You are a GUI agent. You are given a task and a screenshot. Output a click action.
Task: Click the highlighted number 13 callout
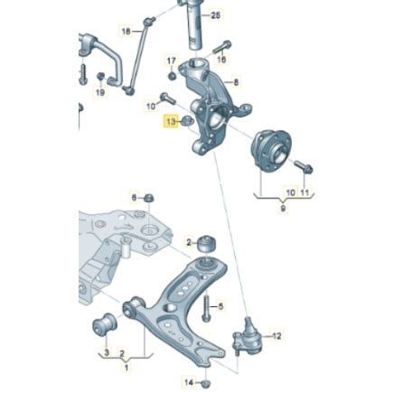tap(171, 122)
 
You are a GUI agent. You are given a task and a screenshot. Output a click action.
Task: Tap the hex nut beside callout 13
tap(187, 121)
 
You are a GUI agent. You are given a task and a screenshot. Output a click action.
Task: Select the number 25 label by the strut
tap(216, 15)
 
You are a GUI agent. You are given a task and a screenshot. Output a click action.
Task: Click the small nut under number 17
tap(173, 75)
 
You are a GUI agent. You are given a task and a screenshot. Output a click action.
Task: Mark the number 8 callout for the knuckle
tap(236, 82)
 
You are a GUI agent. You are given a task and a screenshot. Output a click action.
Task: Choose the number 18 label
tap(126, 31)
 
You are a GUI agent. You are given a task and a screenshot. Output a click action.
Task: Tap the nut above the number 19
tap(101, 77)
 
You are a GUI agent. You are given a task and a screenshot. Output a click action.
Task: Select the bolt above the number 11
tap(304, 167)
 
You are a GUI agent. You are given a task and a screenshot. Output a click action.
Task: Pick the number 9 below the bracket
tap(283, 209)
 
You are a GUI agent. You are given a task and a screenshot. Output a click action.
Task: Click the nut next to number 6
tap(149, 198)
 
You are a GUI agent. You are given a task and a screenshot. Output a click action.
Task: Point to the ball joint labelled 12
tap(248, 336)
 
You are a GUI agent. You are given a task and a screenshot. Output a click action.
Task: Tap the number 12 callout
tap(276, 336)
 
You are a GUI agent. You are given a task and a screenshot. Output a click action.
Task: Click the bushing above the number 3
tap(105, 324)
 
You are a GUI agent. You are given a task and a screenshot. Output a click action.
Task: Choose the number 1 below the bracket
tap(126, 368)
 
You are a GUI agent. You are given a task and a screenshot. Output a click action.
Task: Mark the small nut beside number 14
tap(206, 384)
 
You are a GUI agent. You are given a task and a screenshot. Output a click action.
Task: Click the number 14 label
tap(189, 382)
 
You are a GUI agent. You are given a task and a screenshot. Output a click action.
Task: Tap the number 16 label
tap(221, 59)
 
